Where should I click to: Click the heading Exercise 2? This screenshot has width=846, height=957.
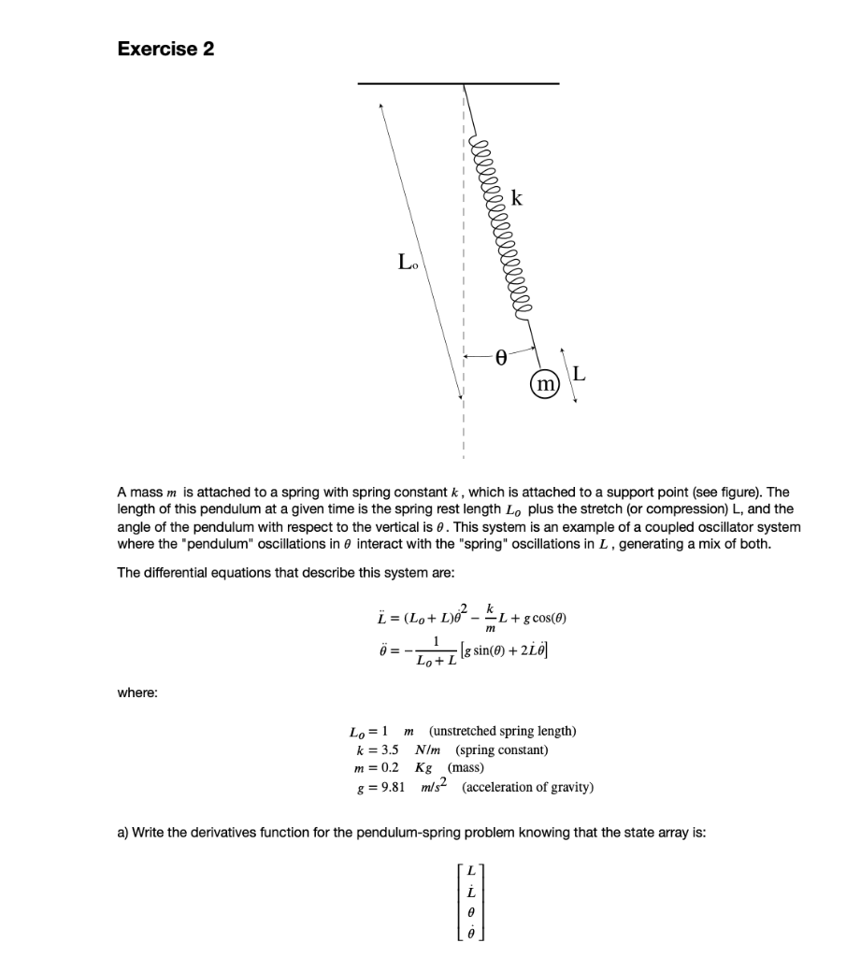[165, 49]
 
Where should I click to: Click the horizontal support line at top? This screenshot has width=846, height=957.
[458, 84]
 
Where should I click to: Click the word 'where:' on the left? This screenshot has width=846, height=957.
[137, 693]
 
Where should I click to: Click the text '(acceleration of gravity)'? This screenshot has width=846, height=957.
[528, 787]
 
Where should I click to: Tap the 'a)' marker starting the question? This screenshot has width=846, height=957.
[122, 834]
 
